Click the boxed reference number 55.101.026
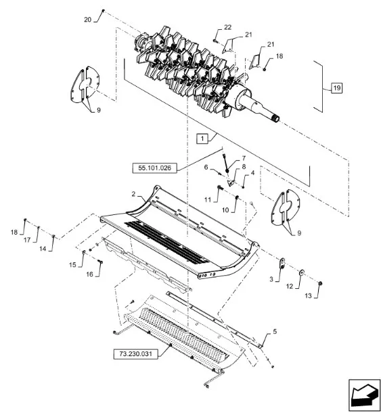tap(154, 168)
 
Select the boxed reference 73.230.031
tap(136, 354)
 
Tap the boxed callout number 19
tap(337, 87)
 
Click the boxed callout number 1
tap(202, 138)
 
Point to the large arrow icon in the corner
tap(365, 395)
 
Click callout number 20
tap(88, 20)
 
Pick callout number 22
tap(227, 27)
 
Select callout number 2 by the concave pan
tap(133, 194)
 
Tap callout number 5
tap(275, 332)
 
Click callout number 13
tap(308, 296)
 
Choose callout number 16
tap(89, 275)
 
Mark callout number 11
tap(208, 200)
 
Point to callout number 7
tap(244, 158)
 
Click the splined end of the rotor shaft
tap(275, 119)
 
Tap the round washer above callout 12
tap(302, 271)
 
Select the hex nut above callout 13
tap(320, 283)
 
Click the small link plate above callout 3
tap(282, 263)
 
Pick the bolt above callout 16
tap(100, 262)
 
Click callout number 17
tap(27, 240)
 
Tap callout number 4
tap(252, 173)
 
